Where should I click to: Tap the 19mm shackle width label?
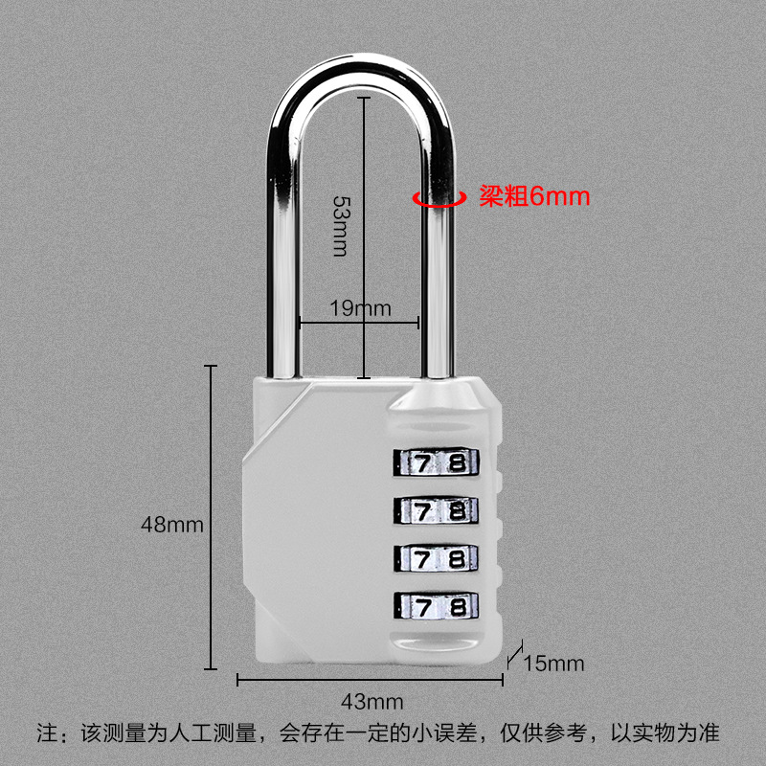[361, 308]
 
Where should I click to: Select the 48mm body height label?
[172, 525]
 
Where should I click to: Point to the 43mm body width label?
[370, 701]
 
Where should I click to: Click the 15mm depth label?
[553, 663]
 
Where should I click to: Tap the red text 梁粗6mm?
[534, 197]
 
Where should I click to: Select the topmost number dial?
[436, 463]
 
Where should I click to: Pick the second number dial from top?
[436, 510]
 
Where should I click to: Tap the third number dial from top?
[436, 557]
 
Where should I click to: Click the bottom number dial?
[436, 605]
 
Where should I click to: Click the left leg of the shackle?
[284, 239]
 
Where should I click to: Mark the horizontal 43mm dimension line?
[370, 680]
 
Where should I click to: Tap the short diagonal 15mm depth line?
[514, 654]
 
